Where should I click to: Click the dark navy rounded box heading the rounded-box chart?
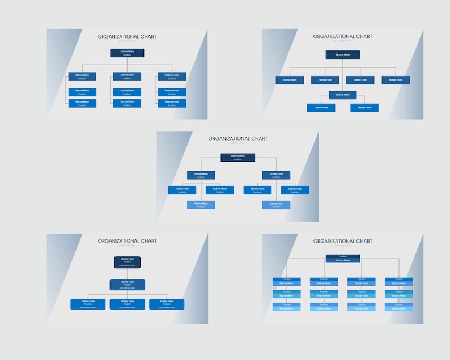pos(127,262)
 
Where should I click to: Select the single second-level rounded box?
pos(127,284)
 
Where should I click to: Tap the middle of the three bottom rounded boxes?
pos(127,304)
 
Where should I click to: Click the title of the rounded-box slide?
pos(127,241)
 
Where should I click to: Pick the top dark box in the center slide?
pos(237,157)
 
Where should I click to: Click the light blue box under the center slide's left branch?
pos(201,205)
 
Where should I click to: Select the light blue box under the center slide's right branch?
pos(276,205)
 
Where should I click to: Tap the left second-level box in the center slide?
pos(201,175)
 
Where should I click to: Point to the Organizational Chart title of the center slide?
pos(237,138)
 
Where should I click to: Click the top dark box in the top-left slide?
pos(127,53)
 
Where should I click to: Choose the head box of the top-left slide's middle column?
pos(127,76)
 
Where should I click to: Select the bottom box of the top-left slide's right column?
pos(172,103)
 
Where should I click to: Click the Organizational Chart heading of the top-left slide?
pos(127,36)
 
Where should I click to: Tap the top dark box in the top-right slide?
pos(342,54)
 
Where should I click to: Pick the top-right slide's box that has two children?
pos(342,95)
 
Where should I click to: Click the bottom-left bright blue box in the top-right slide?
pos(321,107)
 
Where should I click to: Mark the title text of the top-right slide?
pos(342,36)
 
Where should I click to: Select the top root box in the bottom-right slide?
pos(342,259)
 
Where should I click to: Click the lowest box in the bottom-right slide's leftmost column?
pos(287,307)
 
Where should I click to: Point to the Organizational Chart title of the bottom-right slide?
pos(342,241)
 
